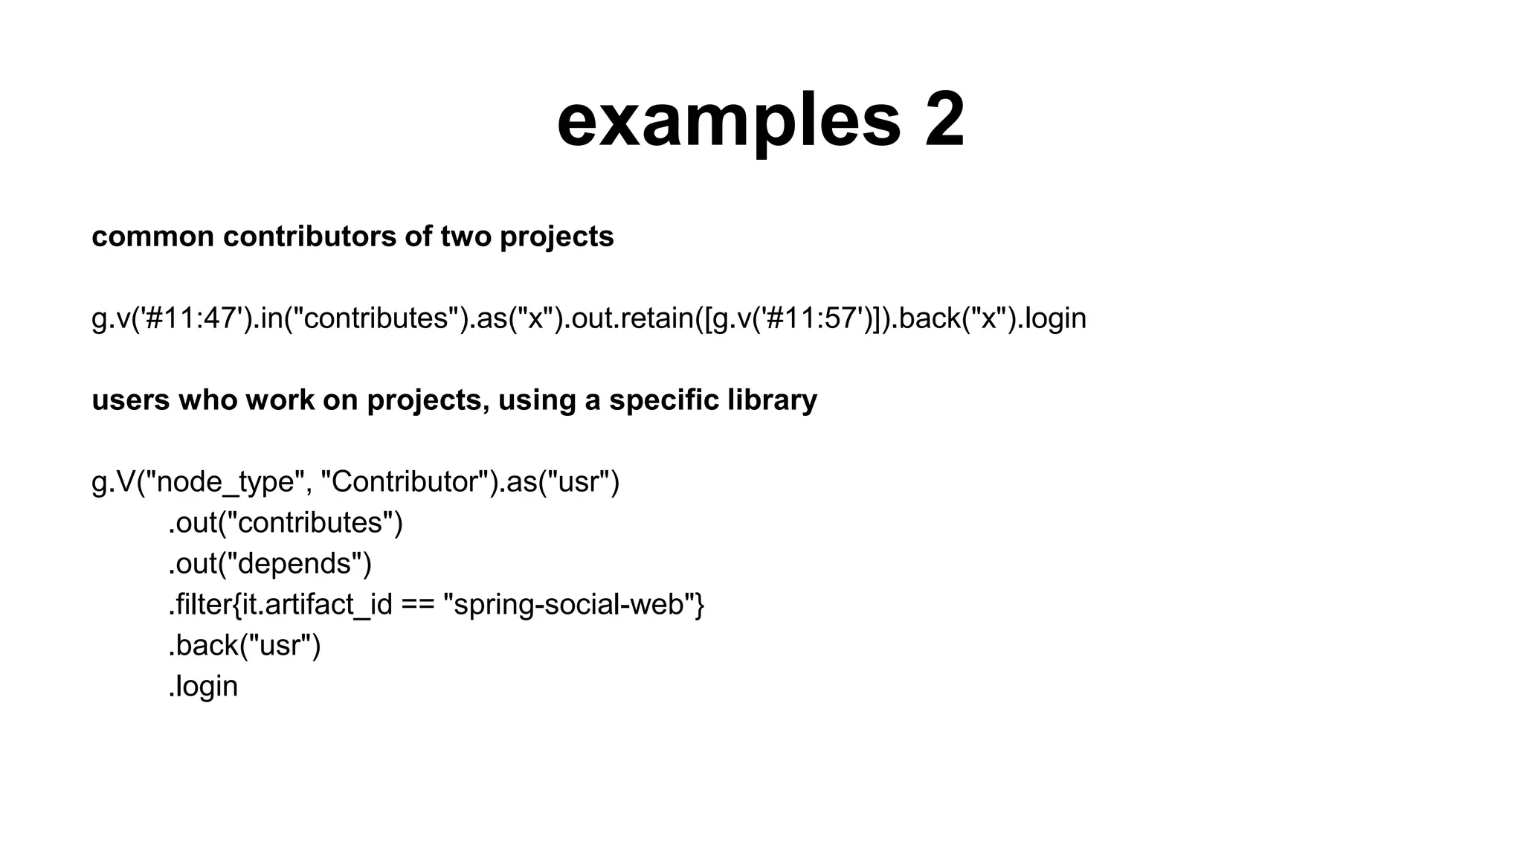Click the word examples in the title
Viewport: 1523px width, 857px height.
tap(728, 121)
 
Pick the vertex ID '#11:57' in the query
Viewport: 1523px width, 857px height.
tap(818, 318)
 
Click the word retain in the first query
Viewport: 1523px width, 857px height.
tap(653, 318)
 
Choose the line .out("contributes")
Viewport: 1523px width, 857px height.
tap(286, 523)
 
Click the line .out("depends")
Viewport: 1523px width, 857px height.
tap(270, 564)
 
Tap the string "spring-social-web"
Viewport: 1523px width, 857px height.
tap(569, 605)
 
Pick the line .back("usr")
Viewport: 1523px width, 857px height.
tap(245, 645)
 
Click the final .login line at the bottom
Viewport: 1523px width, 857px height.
tap(204, 686)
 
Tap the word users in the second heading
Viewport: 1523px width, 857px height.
tap(131, 400)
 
